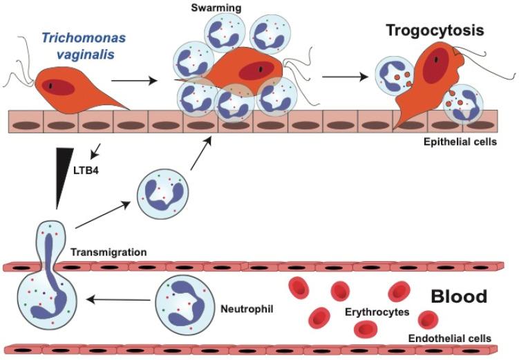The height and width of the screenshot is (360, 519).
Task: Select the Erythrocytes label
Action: [x=377, y=312]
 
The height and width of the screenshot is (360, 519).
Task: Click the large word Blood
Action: [x=459, y=297]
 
